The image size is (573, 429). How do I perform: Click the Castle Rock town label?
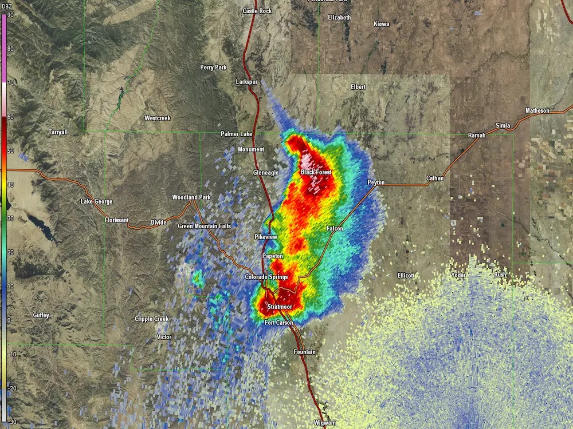(257, 11)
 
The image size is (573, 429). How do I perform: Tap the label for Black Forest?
(316, 172)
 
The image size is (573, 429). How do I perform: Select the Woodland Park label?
(191, 197)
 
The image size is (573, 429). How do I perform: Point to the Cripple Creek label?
(152, 319)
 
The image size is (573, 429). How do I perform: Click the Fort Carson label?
(278, 323)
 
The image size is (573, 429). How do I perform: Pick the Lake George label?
(96, 201)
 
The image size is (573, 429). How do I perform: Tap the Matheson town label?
(537, 110)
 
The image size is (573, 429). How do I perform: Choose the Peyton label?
(376, 182)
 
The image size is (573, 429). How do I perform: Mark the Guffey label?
(41, 315)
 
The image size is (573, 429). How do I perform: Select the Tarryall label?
(58, 132)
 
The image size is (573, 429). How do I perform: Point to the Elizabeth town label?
(339, 18)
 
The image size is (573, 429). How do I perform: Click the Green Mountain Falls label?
(204, 227)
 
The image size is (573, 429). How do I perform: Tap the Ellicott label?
(406, 276)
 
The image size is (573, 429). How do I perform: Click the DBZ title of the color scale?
(7, 6)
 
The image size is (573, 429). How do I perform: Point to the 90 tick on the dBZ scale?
(11, 15)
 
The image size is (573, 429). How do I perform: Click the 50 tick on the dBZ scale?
(11, 150)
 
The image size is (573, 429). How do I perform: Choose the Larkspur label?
(247, 82)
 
